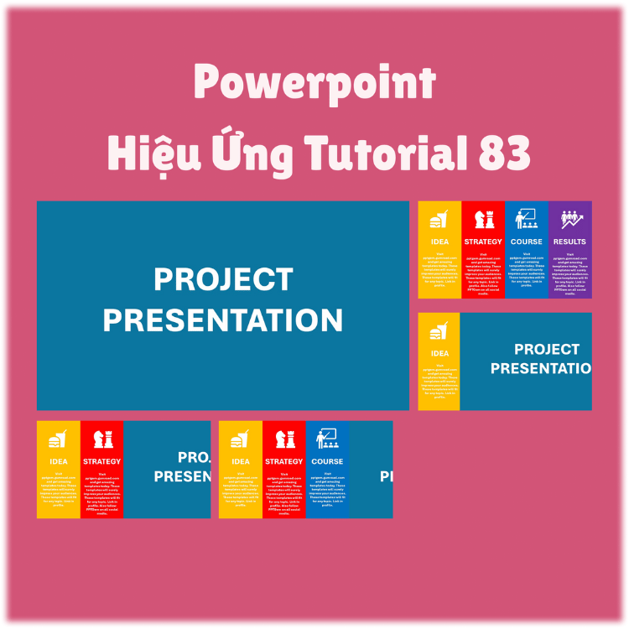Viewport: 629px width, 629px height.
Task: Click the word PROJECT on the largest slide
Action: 222,279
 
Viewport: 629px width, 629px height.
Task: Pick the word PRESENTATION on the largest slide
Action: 222,320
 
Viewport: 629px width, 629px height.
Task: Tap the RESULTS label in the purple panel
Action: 569,242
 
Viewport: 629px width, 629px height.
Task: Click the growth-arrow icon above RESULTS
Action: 569,220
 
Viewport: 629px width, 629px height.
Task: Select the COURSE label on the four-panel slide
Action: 526,242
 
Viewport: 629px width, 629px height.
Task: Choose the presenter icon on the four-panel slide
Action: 526,220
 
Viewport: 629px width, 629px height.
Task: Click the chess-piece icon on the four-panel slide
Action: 482,220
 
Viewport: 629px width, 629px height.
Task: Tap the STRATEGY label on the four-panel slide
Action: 482,242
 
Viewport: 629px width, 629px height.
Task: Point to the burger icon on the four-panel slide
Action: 439,221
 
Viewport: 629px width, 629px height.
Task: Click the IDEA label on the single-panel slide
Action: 439,353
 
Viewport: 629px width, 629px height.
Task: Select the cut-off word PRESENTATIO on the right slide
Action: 540,368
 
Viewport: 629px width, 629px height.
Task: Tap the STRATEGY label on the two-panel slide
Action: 101,461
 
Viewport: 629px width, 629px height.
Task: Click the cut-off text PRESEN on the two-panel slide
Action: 182,476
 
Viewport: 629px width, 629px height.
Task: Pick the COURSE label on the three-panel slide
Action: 327,461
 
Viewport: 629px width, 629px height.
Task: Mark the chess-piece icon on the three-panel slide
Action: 283,439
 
